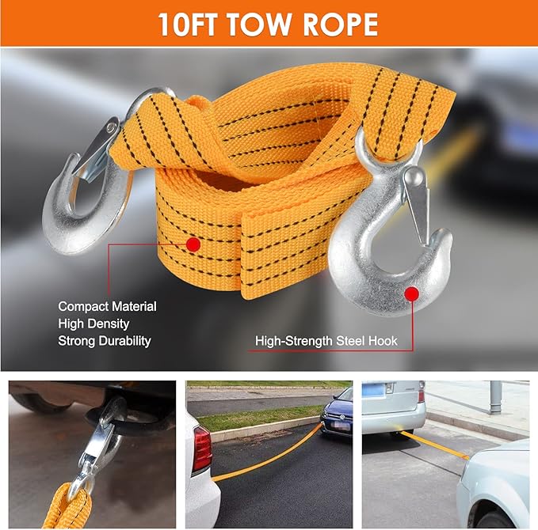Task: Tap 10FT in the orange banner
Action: point(187,25)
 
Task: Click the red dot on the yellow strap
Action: point(193,244)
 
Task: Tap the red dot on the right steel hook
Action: point(411,294)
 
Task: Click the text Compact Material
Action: point(108,306)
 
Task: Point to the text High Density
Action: point(93,324)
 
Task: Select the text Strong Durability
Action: point(105,341)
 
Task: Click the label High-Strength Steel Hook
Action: point(326,341)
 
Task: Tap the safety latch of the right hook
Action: point(418,203)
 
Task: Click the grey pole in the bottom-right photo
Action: point(495,397)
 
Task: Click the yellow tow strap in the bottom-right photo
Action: point(434,445)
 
